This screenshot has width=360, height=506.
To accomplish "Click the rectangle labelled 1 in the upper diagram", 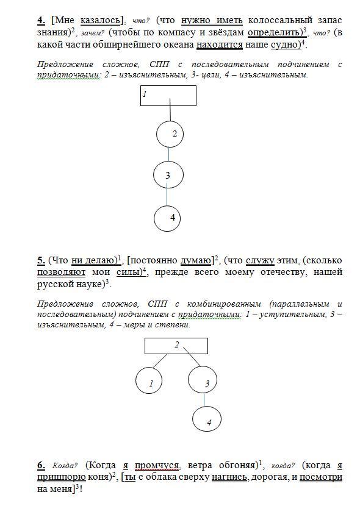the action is click(168, 96).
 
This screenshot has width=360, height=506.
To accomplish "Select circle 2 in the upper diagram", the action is click(170, 134).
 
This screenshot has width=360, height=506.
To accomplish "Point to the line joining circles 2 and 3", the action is click(169, 154).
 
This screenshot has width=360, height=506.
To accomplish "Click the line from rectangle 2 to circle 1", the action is click(160, 360).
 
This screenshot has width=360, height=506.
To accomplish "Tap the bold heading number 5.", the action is click(41, 261).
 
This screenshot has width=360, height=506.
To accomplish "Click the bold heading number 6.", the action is click(41, 465).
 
